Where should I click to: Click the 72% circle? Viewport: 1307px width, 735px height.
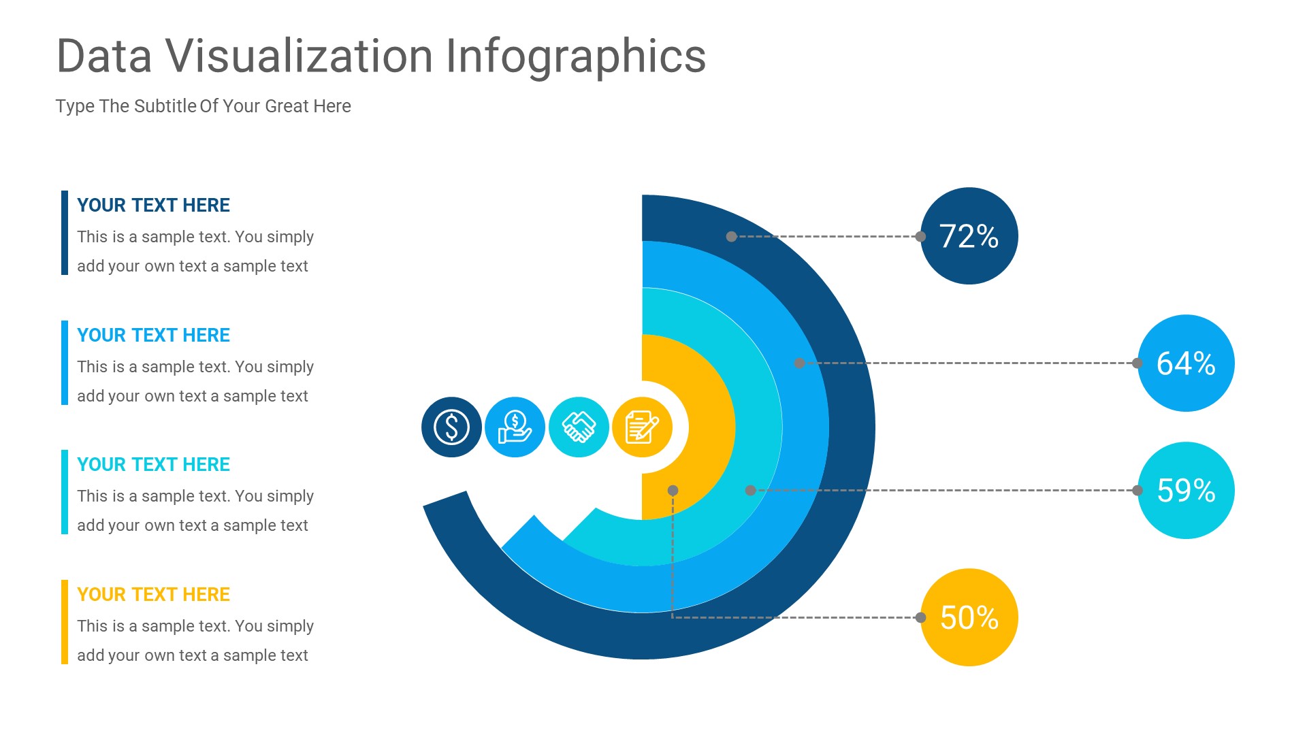click(x=969, y=236)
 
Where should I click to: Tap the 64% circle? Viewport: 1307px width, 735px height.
click(x=1186, y=363)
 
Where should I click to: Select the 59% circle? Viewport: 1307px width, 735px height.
click(x=1186, y=490)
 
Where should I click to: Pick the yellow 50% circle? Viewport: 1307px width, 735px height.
click(x=969, y=617)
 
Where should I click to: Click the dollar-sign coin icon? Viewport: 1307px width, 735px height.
click(x=451, y=427)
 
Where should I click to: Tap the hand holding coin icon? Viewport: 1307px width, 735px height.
click(x=515, y=427)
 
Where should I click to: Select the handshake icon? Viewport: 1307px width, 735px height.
click(x=579, y=427)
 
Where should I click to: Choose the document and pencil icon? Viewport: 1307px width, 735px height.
click(x=642, y=427)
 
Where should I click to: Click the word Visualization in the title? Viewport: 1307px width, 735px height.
click(x=300, y=56)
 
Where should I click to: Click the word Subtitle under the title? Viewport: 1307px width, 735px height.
click(x=165, y=106)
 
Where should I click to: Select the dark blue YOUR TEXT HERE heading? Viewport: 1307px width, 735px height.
click(x=153, y=205)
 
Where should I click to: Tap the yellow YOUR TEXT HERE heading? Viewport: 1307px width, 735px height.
click(x=153, y=594)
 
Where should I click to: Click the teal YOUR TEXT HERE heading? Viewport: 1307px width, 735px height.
click(x=153, y=464)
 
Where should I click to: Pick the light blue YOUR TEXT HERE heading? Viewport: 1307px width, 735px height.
click(x=153, y=335)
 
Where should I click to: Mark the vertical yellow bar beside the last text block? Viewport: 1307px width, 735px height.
click(x=65, y=622)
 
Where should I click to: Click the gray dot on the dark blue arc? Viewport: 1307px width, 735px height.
click(x=731, y=237)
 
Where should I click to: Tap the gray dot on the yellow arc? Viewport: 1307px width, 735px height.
click(x=673, y=490)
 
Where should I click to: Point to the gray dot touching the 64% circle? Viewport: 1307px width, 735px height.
click(x=1137, y=363)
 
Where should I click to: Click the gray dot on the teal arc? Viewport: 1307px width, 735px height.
click(x=750, y=490)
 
